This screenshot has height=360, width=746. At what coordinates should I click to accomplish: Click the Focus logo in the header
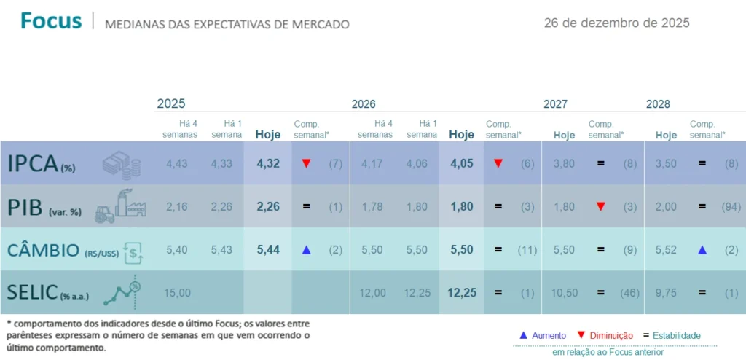(51, 21)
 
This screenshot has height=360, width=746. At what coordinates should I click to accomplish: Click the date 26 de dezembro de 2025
(616, 23)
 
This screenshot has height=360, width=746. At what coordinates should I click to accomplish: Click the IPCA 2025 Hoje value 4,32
(268, 163)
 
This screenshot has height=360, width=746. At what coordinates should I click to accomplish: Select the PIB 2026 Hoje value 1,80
(461, 206)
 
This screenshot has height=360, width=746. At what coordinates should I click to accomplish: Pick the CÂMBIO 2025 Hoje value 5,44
(268, 250)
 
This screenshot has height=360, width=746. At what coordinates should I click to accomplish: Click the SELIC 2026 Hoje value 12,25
(461, 292)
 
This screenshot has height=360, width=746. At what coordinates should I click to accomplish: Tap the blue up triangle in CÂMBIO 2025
(306, 250)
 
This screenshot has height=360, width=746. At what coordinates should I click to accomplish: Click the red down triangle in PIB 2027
(600, 206)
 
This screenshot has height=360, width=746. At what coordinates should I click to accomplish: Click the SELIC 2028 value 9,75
(666, 292)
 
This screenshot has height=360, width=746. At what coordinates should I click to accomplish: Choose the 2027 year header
(555, 104)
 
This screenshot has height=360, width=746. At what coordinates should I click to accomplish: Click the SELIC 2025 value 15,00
(177, 292)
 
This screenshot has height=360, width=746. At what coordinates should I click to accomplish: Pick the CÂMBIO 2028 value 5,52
(666, 250)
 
